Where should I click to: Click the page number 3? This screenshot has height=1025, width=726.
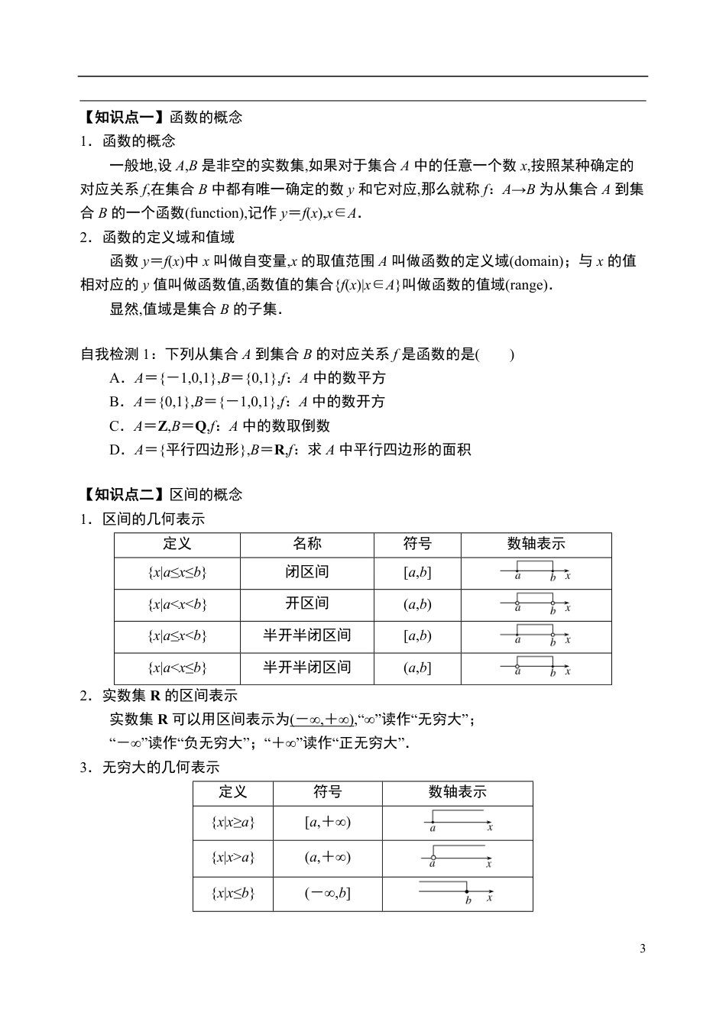(x=642, y=949)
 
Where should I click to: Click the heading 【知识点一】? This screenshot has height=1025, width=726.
(x=124, y=117)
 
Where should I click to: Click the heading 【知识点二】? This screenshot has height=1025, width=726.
(x=124, y=494)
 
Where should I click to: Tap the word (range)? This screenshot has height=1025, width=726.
(x=527, y=285)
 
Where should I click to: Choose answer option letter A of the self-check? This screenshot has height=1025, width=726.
(x=116, y=378)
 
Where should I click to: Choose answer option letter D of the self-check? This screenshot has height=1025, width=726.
(x=116, y=450)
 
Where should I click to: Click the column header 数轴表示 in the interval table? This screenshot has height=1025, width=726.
(x=536, y=544)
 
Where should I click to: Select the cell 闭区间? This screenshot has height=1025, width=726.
(x=307, y=572)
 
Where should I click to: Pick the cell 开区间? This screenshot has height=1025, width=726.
(x=307, y=603)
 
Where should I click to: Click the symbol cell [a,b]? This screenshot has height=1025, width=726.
(x=417, y=573)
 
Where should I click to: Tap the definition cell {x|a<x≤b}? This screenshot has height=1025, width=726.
(x=177, y=668)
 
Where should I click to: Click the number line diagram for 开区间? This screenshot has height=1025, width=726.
(x=536, y=604)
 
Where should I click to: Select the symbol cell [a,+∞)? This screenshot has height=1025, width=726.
(x=327, y=823)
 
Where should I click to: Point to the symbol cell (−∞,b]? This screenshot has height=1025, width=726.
(x=327, y=893)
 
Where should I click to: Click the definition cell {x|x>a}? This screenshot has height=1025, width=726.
(x=232, y=858)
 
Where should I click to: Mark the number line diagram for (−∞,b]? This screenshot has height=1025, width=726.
(x=457, y=892)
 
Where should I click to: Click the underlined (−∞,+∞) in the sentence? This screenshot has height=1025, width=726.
(x=322, y=719)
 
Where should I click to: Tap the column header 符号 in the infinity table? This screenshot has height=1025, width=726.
(x=327, y=792)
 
